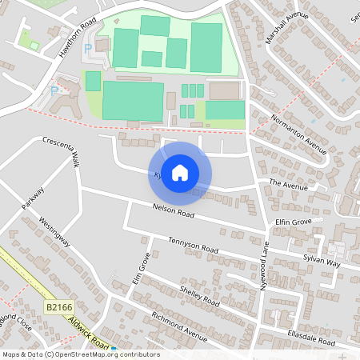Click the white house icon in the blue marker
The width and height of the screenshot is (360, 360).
[180, 173]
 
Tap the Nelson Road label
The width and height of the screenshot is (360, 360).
[174, 212]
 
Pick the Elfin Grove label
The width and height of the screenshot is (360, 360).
[292, 220]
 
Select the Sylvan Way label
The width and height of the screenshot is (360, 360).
[322, 262]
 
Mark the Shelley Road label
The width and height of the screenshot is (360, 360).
[199, 296]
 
